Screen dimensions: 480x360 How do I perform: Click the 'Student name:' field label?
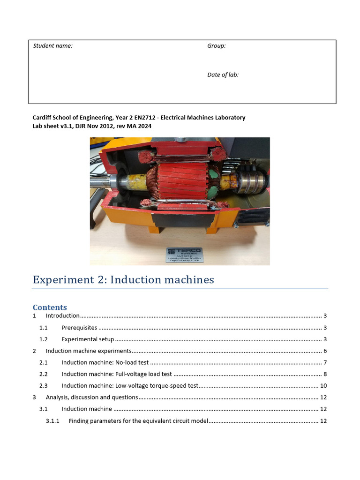tap(52, 46)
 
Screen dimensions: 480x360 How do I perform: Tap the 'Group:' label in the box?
tap(216, 46)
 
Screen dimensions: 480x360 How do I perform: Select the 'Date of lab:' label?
tap(223, 75)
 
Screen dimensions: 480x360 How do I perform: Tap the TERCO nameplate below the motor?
tap(184, 255)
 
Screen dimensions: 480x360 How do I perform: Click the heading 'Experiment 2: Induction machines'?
tap(123, 280)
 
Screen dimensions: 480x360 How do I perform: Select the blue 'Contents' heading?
tap(50, 307)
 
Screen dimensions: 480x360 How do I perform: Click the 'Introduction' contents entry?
tap(62, 316)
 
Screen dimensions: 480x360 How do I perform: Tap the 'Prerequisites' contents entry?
tap(79, 328)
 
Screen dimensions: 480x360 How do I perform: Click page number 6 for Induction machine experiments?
tap(325, 351)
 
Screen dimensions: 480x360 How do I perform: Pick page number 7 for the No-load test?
tap(325, 362)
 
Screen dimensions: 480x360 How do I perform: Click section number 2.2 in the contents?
tap(43, 374)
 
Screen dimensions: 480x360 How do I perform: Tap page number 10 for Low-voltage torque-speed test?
tap(323, 386)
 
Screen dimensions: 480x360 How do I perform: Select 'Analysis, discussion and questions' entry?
tap(92, 397)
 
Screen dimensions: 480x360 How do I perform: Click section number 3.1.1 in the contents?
tap(52, 421)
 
